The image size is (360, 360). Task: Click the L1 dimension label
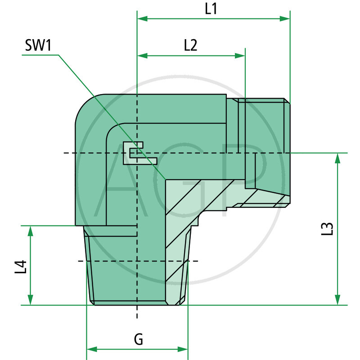pos(211,9)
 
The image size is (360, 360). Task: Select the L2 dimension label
pos(191,45)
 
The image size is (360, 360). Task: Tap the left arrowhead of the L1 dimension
pos(142,19)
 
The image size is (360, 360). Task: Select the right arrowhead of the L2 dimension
pos(241,55)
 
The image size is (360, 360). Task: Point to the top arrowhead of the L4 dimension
pos(30,230)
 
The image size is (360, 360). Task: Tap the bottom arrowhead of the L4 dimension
pos(30,300)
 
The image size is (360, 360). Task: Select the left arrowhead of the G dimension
pos(91,349)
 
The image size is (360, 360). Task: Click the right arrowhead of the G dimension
pos(183,349)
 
